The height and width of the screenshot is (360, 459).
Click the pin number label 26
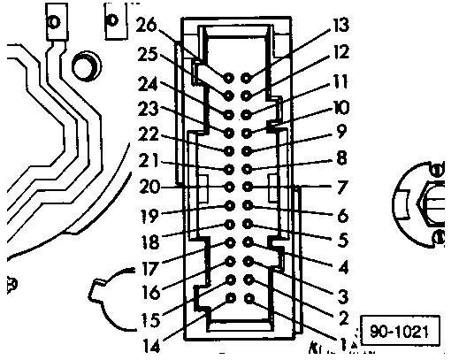click(146, 25)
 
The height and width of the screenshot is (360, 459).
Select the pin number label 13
click(341, 25)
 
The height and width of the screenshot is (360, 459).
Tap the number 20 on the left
click(149, 187)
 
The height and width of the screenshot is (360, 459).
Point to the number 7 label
click(342, 188)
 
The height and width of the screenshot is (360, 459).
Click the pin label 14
click(151, 345)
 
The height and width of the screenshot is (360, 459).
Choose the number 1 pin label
click(342, 343)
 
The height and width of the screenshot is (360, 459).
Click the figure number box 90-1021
click(400, 330)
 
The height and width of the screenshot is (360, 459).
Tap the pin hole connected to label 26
click(228, 78)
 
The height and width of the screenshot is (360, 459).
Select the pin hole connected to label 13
click(246, 78)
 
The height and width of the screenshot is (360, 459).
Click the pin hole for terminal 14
click(231, 298)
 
